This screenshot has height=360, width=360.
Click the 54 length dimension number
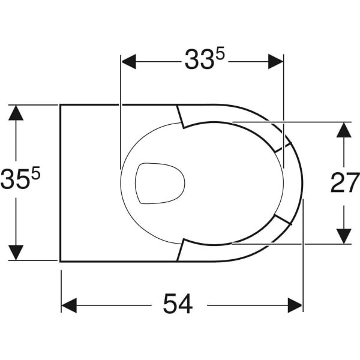tap(178, 304)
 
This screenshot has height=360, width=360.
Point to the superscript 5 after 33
tap(220, 55)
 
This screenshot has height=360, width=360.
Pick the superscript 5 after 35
tap(35, 173)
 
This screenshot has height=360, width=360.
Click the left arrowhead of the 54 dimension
tap(69, 305)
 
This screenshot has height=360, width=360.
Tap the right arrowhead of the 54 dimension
tap(295, 305)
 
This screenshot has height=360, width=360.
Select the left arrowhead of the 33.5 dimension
tap(129, 62)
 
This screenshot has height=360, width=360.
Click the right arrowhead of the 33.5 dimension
tap(275, 62)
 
